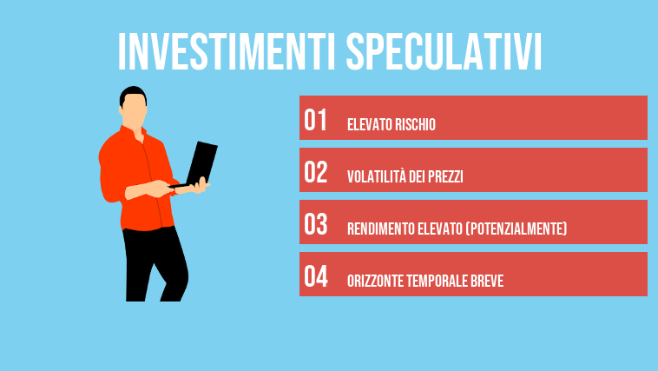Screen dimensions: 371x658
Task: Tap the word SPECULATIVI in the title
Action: [x=443, y=52]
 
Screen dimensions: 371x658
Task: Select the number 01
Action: [x=315, y=121]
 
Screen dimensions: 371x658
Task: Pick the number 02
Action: [x=315, y=173]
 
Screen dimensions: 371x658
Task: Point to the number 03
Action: [x=315, y=225]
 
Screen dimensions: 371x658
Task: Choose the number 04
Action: [x=315, y=277]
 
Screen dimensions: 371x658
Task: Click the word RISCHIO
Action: [x=414, y=125]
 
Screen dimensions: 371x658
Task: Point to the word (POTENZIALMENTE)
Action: [x=517, y=229]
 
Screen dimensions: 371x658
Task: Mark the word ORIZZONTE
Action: [x=375, y=282]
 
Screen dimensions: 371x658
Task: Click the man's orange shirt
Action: [x=130, y=174]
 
